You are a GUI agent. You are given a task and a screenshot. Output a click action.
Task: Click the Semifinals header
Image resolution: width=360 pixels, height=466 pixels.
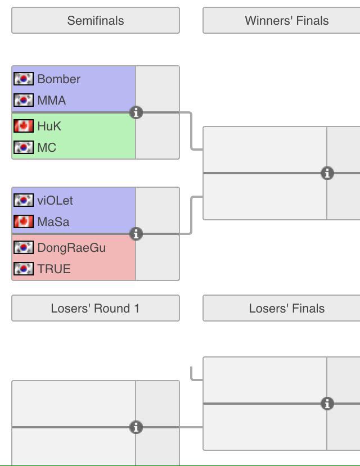tap(96, 21)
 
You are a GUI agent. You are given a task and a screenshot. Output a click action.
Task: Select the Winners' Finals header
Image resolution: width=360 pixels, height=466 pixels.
tap(286, 21)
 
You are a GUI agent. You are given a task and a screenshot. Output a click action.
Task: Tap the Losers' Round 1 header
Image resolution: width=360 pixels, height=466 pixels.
tap(95, 309)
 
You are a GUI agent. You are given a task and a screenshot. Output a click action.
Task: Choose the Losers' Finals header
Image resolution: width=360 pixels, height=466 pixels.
tap(286, 309)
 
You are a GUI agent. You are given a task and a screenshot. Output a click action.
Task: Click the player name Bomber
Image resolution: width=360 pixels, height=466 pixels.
tap(58, 79)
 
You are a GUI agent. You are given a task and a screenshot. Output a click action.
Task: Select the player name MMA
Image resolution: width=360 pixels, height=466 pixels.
tap(51, 101)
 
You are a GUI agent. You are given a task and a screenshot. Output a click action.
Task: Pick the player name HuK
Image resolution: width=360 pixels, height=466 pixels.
tap(49, 126)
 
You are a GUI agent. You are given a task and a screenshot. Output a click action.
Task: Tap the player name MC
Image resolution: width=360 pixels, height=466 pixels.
tap(47, 148)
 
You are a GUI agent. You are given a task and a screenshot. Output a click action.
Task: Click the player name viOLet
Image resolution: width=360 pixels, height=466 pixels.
tap(55, 201)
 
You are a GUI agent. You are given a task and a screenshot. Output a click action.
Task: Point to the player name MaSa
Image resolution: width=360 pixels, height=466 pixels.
tap(53, 222)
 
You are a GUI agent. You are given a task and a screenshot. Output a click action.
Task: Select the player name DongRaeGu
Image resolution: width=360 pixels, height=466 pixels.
tap(71, 248)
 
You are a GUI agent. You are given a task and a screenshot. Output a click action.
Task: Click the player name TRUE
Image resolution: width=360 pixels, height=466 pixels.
tap(54, 269)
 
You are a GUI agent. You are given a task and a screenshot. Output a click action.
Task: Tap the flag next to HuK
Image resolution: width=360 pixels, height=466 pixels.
tap(24, 126)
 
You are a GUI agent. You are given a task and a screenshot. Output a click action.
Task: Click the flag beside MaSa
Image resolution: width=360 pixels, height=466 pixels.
tap(24, 222)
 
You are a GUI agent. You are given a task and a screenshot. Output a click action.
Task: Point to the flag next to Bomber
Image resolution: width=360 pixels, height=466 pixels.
tap(24, 79)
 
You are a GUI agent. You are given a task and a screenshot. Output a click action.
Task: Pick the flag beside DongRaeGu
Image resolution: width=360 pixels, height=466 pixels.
tap(24, 248)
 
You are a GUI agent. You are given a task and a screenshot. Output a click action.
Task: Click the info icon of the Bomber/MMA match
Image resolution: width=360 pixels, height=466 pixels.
tap(136, 112)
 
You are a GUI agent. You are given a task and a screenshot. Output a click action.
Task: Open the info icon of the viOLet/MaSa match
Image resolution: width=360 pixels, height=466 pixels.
tap(136, 234)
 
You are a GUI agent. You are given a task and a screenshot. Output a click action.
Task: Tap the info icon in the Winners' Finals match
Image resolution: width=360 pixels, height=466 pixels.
tap(327, 173)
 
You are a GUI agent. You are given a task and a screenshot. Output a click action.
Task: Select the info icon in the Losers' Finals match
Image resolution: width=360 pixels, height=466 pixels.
tap(327, 404)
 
